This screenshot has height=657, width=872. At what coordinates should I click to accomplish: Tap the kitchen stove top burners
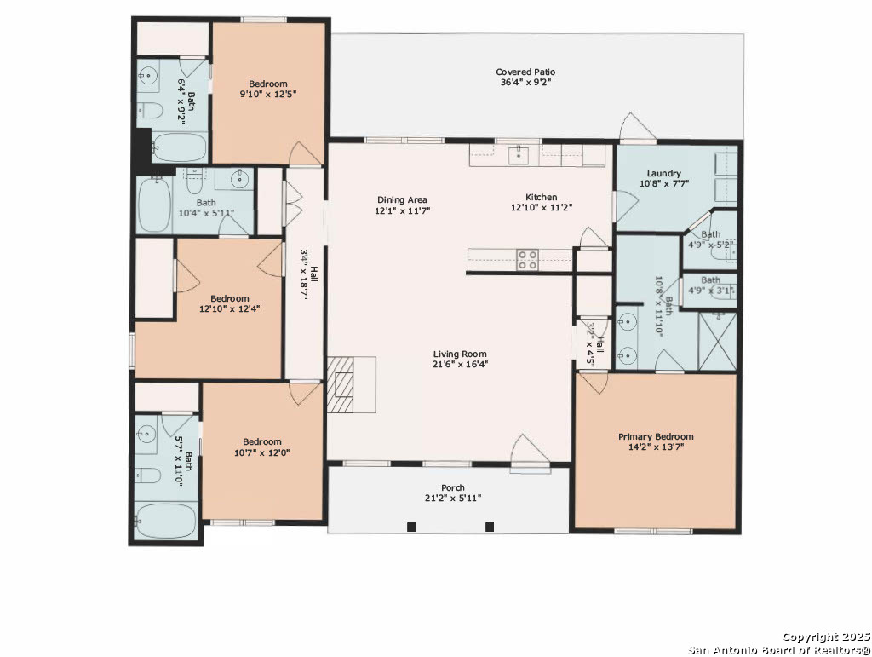point(527,260)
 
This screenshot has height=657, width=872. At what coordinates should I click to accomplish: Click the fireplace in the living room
point(341,385)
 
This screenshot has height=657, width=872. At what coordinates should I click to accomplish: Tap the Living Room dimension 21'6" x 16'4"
point(461,365)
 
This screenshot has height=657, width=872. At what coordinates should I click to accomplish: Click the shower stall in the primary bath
point(717,341)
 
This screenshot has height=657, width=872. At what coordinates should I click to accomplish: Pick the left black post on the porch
point(411,527)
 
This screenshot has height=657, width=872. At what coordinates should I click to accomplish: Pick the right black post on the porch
point(490,527)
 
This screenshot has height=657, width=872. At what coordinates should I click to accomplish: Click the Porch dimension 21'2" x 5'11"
point(453,498)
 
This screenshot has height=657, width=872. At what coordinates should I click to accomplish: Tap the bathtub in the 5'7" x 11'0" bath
point(165,521)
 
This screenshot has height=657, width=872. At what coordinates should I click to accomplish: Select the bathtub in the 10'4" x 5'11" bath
point(155,205)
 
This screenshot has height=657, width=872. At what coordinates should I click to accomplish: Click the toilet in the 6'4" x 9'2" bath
point(149,112)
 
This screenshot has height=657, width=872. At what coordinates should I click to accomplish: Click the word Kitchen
point(541,197)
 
